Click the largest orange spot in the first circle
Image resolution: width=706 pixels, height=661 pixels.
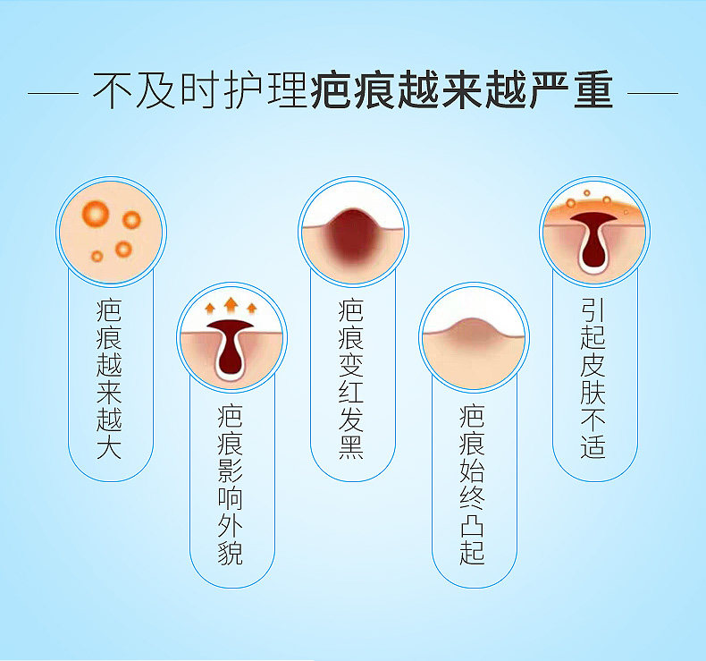pyautogui.click(x=95, y=213)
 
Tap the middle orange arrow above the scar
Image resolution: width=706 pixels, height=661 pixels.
pyautogui.click(x=231, y=304)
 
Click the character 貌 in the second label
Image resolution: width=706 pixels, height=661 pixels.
pyautogui.click(x=230, y=554)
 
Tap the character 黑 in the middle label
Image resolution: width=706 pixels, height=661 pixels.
pyautogui.click(x=351, y=447)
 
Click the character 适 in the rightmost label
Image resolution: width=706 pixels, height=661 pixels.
pyautogui.click(x=593, y=446)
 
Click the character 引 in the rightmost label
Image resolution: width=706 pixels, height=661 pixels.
pyautogui.click(x=593, y=309)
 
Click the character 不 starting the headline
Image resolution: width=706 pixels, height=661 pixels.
pyautogui.click(x=112, y=93)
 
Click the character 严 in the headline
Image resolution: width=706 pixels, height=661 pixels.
pyautogui.click(x=548, y=93)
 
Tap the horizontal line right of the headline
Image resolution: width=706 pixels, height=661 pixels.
pyautogui.click(x=652, y=93)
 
